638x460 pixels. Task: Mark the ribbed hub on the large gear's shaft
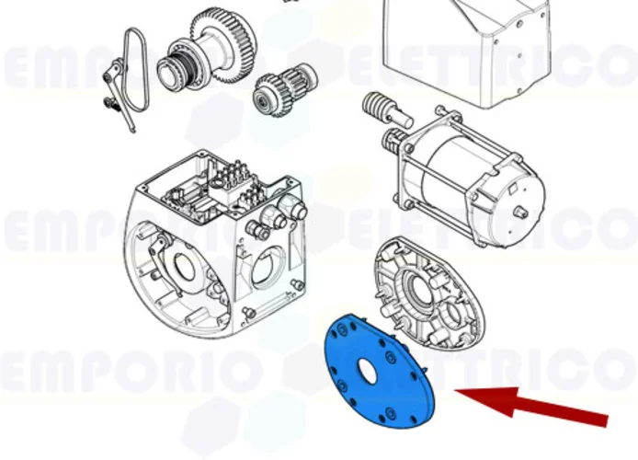(x=176, y=67)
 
